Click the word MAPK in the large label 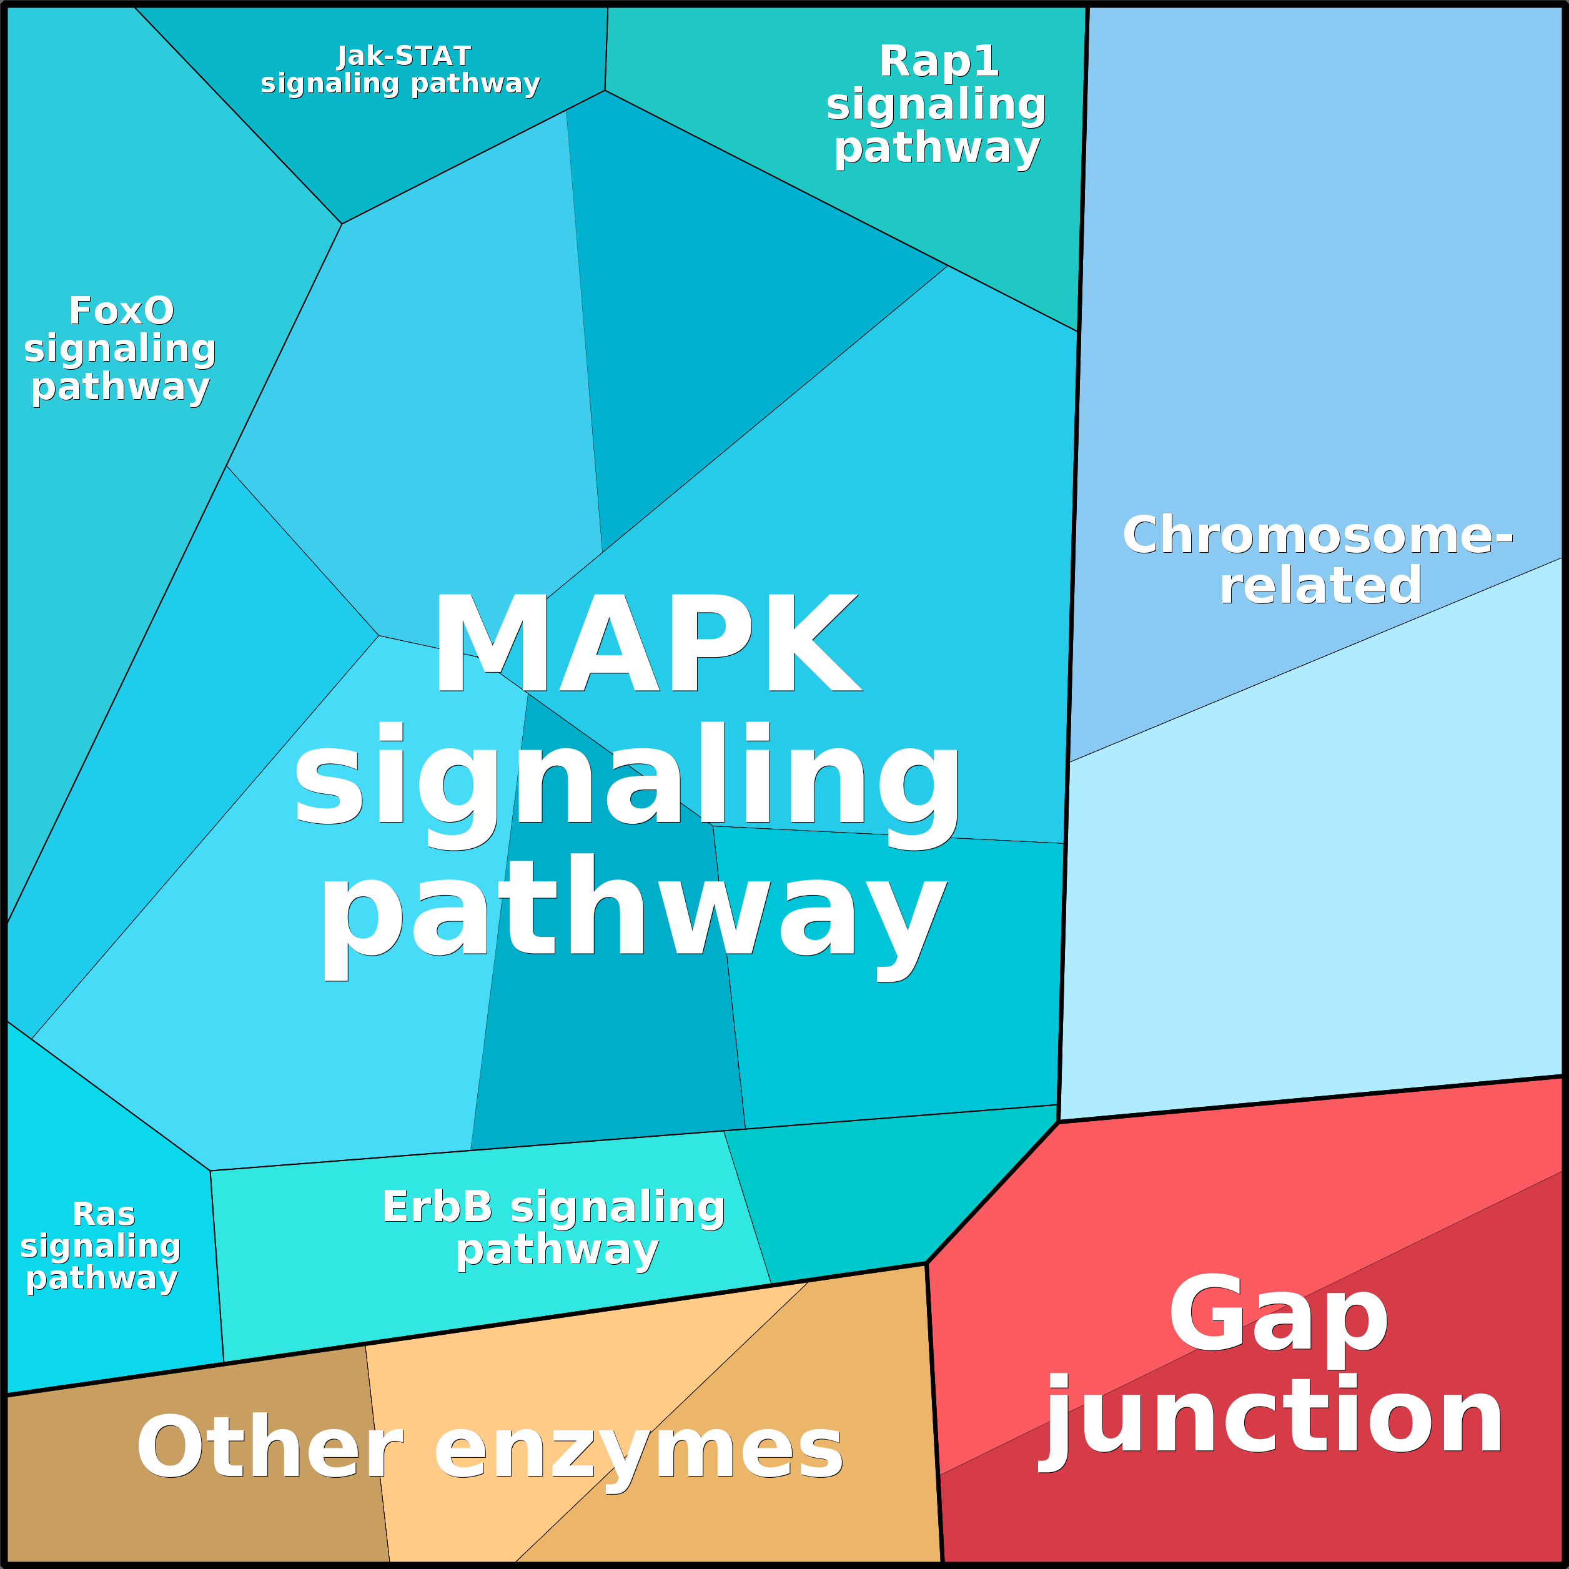click(647, 643)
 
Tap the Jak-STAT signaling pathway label click(401, 70)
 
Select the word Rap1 click(938, 62)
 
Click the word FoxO click(121, 311)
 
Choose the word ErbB click(437, 1207)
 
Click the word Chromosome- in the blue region click(1317, 536)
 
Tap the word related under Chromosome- click(1320, 585)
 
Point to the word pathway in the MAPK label click(633, 909)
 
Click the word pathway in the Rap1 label click(936, 148)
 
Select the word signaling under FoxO click(120, 349)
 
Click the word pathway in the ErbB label click(557, 1250)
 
